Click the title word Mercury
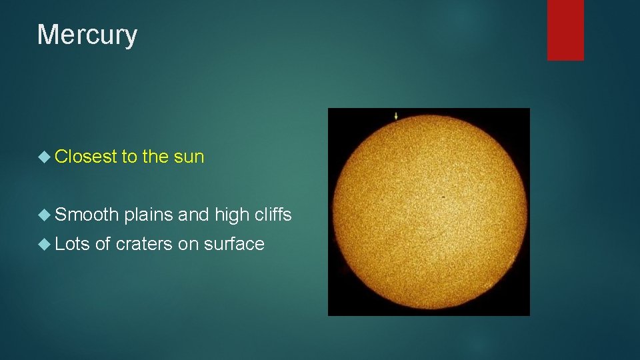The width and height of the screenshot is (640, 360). point(87,35)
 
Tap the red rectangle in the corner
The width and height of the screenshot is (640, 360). point(565,29)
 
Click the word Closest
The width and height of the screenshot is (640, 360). point(85,157)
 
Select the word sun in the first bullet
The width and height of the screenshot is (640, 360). point(189,157)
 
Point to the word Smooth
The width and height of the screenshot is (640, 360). point(87,214)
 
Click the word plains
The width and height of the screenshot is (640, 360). point(149,215)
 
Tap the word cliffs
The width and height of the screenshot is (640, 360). point(272,214)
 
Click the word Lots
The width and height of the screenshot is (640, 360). point(73,244)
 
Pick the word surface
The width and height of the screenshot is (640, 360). point(234,244)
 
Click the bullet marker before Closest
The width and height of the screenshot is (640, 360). point(44,157)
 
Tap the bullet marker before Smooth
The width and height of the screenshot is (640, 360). point(44,215)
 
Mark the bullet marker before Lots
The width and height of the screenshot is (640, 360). point(44,245)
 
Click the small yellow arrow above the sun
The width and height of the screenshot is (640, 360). point(396,116)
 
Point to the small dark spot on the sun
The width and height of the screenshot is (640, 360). point(444,197)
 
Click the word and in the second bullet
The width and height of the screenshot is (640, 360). point(194,214)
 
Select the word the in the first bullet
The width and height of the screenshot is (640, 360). point(155,157)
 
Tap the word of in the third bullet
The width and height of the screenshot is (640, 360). point(103,244)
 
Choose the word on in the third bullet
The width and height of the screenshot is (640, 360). point(188,245)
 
